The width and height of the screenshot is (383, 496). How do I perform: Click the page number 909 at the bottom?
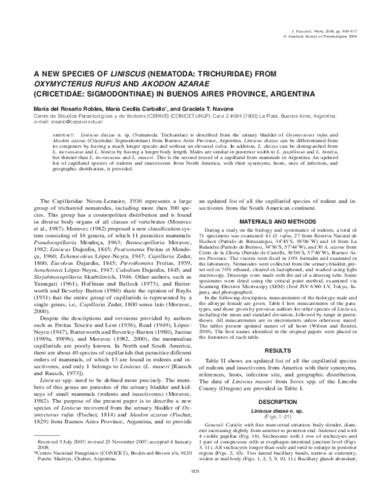pyautogui.click(x=191, y=489)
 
